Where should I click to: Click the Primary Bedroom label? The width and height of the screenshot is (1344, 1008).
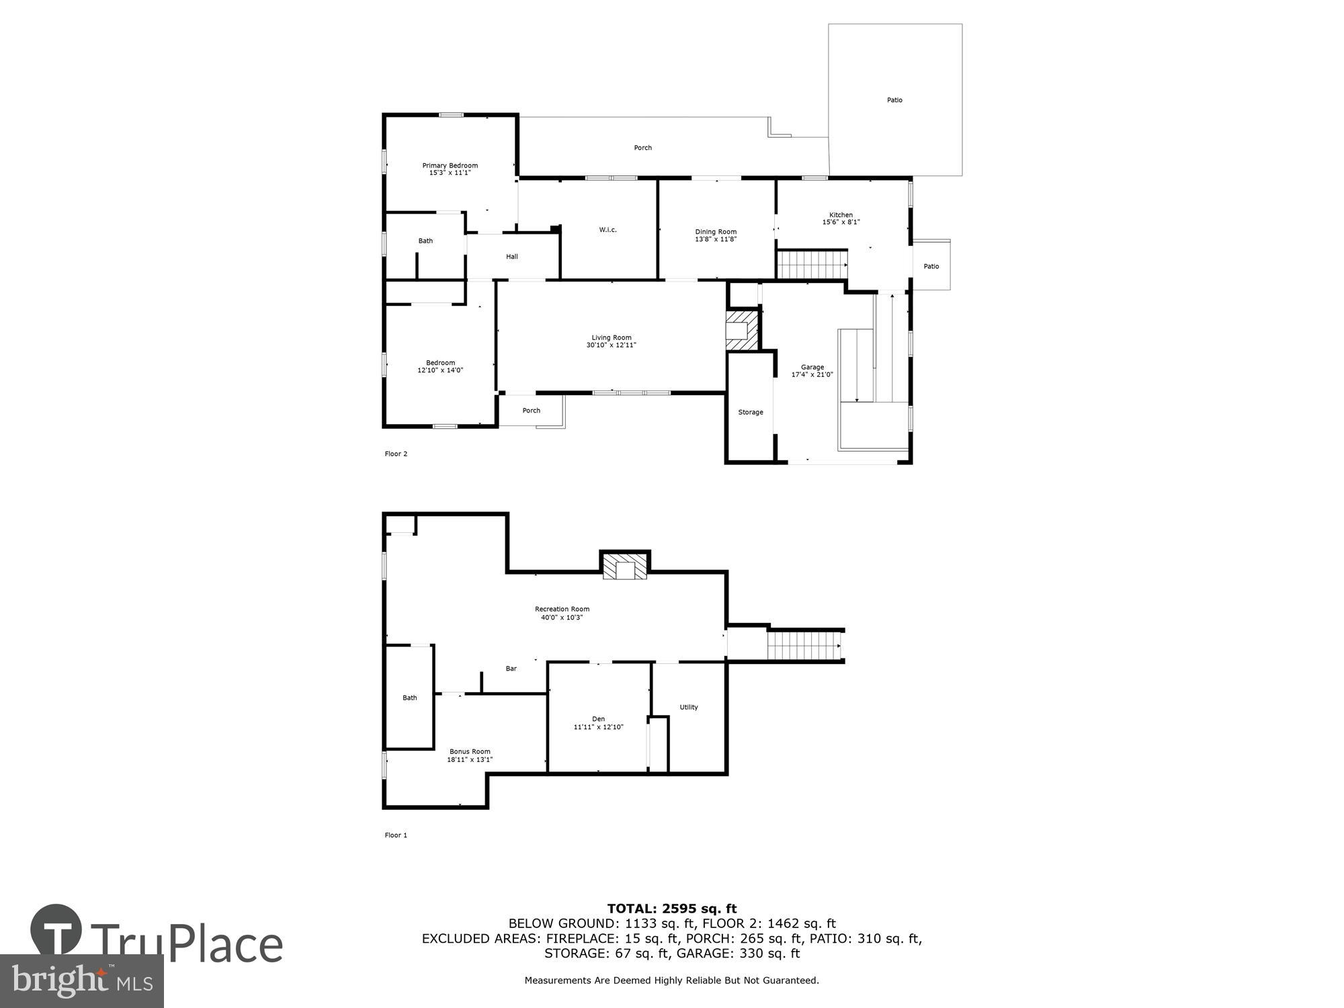point(450,165)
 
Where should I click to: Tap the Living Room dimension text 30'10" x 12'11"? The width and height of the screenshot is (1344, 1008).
point(611,345)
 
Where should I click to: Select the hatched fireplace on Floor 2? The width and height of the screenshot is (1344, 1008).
point(742,330)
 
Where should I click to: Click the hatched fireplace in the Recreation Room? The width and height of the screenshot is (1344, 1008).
point(625,566)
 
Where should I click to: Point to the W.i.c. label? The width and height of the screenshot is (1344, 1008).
point(607,230)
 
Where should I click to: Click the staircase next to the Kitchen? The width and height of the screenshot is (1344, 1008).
point(812,264)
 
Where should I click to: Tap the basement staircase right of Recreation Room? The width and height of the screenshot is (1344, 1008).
point(805,645)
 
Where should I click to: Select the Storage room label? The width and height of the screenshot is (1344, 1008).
point(750,412)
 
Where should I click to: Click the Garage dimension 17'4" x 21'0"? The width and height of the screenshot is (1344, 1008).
point(812,375)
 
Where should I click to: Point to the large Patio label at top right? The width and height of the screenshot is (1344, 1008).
point(894,100)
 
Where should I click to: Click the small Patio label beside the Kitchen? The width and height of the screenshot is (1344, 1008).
point(931,266)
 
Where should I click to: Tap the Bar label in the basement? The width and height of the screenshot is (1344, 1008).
point(511,669)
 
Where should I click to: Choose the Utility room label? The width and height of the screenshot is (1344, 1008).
point(688,707)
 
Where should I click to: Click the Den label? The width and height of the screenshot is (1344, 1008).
point(598,719)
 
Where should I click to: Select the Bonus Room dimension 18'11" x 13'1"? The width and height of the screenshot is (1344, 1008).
point(470,760)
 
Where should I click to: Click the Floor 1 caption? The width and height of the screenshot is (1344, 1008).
point(396,835)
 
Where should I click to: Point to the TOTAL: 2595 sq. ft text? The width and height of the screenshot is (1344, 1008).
point(671,909)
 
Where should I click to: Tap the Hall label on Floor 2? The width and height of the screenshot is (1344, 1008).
point(511,256)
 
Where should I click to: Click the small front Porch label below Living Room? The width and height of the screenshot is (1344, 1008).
point(531,411)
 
